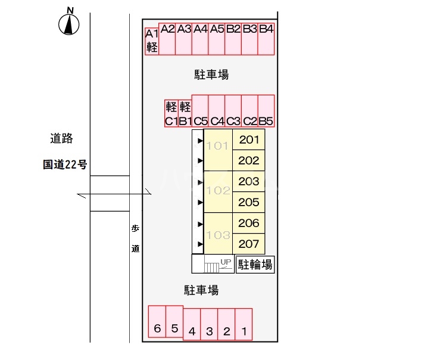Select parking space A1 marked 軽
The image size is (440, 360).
point(152,41)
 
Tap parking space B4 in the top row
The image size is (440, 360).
point(266,40)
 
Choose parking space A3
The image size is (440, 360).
point(184,40)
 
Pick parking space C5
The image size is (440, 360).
point(200,111)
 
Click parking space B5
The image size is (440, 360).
point(266,111)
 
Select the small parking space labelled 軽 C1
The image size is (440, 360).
point(171,113)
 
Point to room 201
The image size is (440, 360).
point(248,140)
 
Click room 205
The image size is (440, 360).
point(248,202)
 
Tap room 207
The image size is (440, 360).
point(248,244)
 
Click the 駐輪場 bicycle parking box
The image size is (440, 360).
point(255,265)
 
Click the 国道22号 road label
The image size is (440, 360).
point(65,165)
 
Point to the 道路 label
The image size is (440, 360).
point(61,139)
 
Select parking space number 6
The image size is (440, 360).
point(157,322)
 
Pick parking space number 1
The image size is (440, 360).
point(244,324)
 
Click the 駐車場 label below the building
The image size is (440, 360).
point(201,290)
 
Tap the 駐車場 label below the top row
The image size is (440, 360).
point(211,75)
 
